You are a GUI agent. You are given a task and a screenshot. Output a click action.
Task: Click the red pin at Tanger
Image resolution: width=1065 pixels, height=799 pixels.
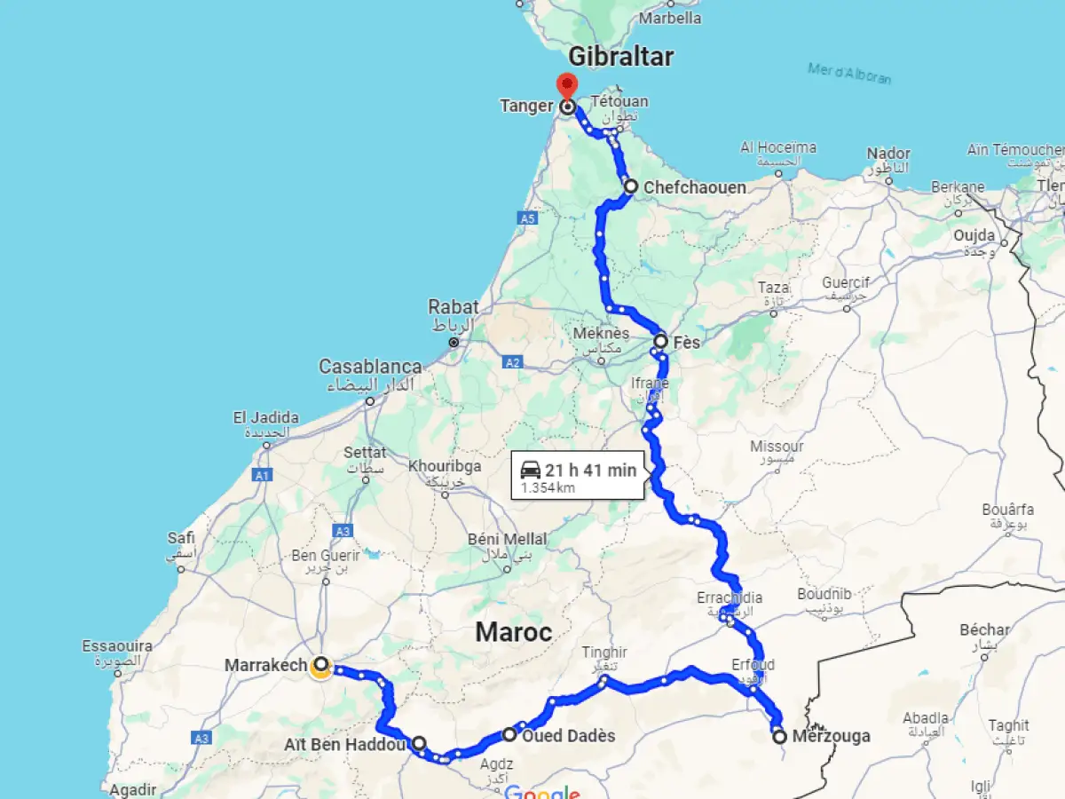pyautogui.click(x=566, y=86)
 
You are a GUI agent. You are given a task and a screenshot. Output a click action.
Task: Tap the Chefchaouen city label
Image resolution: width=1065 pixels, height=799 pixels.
pyautogui.click(x=695, y=187)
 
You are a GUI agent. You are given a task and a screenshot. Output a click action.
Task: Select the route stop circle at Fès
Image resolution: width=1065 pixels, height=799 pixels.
pyautogui.click(x=661, y=341)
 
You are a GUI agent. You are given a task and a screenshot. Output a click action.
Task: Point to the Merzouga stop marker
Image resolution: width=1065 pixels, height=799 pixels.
pyautogui.click(x=779, y=737)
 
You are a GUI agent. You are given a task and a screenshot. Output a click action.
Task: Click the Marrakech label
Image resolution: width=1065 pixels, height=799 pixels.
pyautogui.click(x=265, y=665)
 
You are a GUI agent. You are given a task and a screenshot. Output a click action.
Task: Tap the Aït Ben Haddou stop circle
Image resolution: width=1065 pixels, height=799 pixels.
pyautogui.click(x=419, y=744)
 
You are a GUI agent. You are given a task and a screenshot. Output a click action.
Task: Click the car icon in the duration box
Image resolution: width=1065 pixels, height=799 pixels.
pyautogui.click(x=531, y=470)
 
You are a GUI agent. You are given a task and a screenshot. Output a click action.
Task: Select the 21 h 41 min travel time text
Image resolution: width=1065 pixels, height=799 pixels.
pyautogui.click(x=591, y=471)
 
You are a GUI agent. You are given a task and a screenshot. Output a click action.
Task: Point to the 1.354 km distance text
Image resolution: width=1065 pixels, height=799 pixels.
pyautogui.click(x=548, y=488)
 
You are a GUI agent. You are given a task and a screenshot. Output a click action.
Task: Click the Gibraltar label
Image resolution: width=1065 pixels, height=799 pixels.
pyautogui.click(x=620, y=57)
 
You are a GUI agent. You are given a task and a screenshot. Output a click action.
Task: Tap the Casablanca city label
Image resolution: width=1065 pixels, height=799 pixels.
pyautogui.click(x=370, y=367)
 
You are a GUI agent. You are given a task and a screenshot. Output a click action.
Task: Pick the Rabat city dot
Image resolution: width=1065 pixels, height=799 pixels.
pyautogui.click(x=454, y=342)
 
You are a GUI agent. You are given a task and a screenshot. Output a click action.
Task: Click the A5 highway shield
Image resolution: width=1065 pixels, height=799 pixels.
pyautogui.click(x=528, y=218)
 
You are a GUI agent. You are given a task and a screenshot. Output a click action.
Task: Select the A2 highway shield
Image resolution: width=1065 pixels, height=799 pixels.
pyautogui.click(x=512, y=362)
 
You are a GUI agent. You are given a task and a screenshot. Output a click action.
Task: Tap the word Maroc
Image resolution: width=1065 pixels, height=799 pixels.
pyautogui.click(x=513, y=632)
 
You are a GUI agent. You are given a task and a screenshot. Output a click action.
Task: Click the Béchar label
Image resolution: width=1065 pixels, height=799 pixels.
pyautogui.click(x=984, y=629)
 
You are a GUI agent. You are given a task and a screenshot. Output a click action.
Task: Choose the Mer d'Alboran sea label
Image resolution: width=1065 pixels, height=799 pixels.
pyautogui.click(x=849, y=73)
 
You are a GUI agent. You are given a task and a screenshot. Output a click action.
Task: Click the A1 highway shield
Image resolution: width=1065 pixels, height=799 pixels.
pyautogui.click(x=262, y=476)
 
